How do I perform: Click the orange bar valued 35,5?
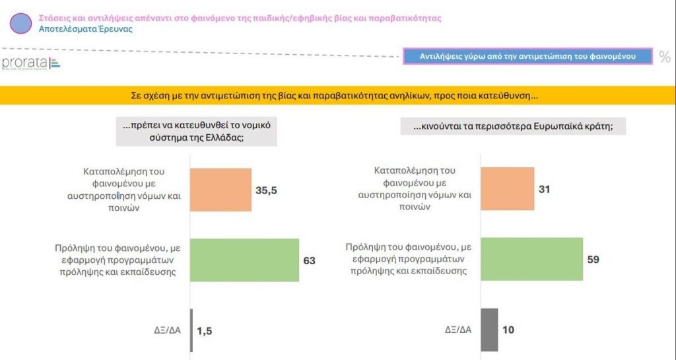point(221,190)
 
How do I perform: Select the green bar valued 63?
point(245,260)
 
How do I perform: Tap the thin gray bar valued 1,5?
point(191,330)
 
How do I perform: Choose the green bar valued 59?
point(531,259)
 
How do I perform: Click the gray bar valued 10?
point(489,330)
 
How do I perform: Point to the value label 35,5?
point(265,190)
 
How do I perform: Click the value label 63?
point(309,260)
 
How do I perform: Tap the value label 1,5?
point(205,330)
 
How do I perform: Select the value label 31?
point(544,190)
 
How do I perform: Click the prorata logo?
point(30,63)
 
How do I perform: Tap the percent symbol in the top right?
point(664,57)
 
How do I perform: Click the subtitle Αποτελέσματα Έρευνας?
point(86,30)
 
